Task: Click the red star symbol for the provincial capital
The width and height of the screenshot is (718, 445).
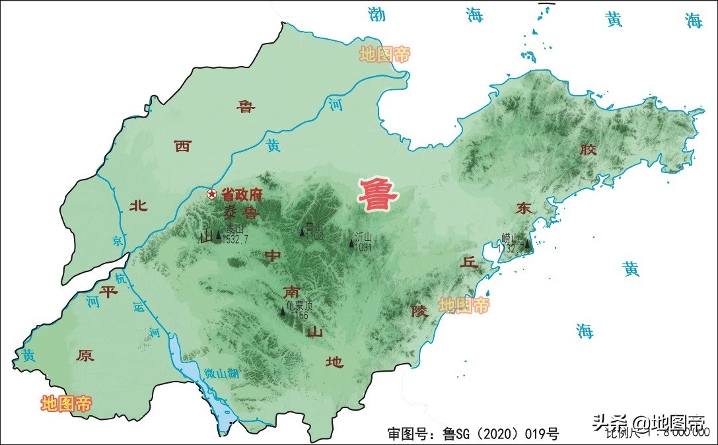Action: pos(211,194)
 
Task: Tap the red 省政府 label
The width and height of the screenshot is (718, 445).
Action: pos(242,195)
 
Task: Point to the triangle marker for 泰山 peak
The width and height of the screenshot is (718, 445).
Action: pos(219,234)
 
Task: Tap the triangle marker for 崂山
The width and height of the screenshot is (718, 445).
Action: pos(527,245)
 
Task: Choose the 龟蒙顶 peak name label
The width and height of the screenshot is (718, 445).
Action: pos(299,306)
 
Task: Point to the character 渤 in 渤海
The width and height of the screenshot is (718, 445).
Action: pos(377,15)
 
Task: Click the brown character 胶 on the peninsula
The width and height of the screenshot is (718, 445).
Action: pos(588,150)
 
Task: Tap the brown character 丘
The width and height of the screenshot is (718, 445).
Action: pos(468,261)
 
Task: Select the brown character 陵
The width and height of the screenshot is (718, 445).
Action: pos(419,310)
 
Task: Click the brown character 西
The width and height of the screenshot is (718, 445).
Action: pos(182,147)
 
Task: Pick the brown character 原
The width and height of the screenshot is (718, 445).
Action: pos(85,355)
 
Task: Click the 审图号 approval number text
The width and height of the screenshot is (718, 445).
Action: pos(473,434)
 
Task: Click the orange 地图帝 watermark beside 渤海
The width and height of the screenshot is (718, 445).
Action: pos(384,54)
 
